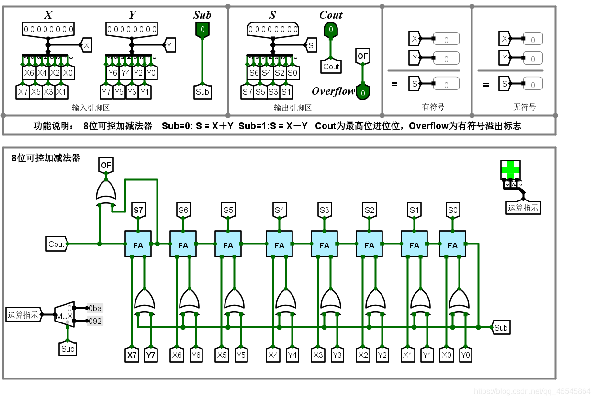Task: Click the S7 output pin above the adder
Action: point(138,210)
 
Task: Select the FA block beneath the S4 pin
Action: point(279,244)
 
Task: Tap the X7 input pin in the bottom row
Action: point(132,356)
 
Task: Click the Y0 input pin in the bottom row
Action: point(465,356)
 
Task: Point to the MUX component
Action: point(64,315)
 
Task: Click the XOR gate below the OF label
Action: point(106,190)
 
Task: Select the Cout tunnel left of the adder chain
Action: point(57,244)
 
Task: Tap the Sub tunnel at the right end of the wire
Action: point(501,328)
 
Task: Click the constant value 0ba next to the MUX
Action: point(95,308)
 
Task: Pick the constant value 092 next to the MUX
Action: point(95,321)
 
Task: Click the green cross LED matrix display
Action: point(510,169)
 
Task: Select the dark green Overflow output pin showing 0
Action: point(363,92)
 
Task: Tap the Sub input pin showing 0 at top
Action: point(202,30)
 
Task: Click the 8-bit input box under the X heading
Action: point(48,30)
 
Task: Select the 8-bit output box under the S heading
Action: point(273,30)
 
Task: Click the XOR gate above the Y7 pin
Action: point(144,300)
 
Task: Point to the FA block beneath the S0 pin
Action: point(452,244)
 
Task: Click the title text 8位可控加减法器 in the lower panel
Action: point(46,158)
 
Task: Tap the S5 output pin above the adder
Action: point(228,210)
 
